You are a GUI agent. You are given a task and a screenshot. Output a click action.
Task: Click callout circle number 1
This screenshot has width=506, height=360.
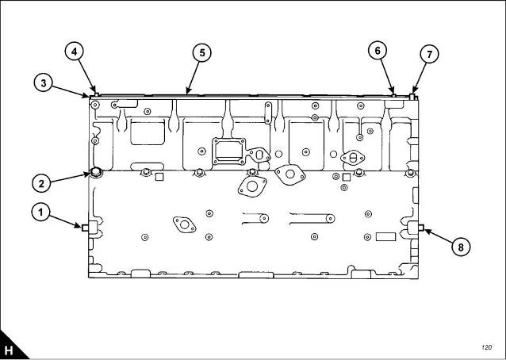40,213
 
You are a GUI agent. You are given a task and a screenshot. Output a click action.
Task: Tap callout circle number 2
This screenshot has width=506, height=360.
41,183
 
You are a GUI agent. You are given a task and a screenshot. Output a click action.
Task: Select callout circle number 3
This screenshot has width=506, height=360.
44,83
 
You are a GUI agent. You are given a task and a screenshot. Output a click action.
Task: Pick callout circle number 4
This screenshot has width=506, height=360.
75,52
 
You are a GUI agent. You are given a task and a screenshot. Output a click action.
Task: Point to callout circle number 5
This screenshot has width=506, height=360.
202,52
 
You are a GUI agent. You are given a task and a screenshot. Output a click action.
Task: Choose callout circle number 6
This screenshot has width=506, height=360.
378,50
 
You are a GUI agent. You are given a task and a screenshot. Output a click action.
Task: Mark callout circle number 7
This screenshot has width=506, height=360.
429,54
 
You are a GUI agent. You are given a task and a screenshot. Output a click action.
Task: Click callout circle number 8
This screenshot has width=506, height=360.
461,247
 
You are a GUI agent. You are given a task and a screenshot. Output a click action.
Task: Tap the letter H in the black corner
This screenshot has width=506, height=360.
9,350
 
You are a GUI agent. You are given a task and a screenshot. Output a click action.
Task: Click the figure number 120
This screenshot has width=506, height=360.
486,347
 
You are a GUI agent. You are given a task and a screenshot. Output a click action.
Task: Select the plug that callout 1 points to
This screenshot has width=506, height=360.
85,228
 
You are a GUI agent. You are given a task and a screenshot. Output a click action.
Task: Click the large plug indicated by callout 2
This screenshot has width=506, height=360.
95,173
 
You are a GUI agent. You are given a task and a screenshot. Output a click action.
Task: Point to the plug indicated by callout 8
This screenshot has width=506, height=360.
421,228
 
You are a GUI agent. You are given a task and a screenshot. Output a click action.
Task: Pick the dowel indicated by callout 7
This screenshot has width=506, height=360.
412,97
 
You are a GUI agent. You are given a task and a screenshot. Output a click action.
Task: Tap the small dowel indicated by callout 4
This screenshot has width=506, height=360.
95,94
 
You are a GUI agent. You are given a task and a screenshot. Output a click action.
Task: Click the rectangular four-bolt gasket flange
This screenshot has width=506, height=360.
228,151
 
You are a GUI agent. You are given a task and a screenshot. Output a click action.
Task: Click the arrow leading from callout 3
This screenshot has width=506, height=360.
70,91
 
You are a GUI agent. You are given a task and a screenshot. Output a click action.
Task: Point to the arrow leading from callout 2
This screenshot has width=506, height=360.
70,178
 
